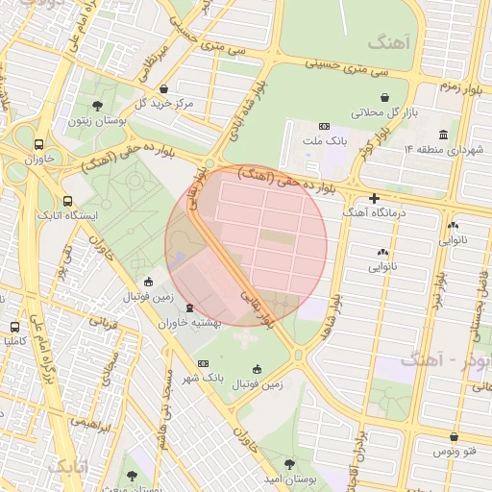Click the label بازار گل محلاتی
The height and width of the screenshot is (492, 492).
pos(384,112)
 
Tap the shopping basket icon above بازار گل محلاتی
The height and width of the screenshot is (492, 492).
pos(384,98)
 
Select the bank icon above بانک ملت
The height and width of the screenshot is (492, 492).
pos(323,126)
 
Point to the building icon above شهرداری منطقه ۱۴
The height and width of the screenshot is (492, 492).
pos(443,135)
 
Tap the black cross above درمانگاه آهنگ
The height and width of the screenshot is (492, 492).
pos(374,198)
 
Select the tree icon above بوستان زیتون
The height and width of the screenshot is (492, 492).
pos(97,106)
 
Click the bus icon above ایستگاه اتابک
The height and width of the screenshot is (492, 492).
pos(67,202)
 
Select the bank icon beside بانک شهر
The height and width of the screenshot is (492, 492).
pos(203,363)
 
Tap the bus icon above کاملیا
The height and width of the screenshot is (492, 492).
pos(13,327)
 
